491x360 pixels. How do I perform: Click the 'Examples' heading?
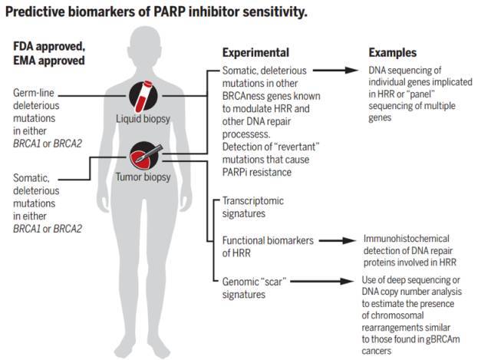click(392, 53)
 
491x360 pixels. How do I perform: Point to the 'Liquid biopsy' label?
click(145, 120)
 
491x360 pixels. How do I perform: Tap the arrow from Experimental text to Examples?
click(335, 69)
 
